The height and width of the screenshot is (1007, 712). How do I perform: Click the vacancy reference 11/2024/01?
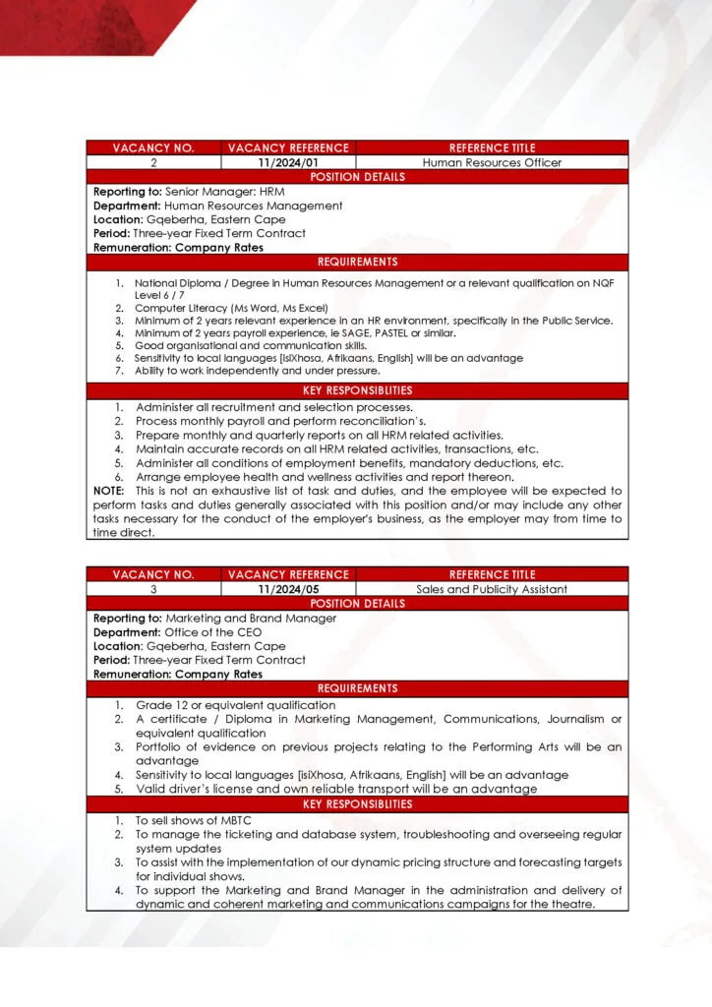pos(288,162)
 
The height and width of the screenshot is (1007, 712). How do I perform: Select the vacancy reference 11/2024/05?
pos(288,589)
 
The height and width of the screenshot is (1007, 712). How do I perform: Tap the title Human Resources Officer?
pos(492,162)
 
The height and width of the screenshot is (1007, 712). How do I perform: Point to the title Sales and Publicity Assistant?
pos(492,589)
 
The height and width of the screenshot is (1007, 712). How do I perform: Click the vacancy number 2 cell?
pos(153,162)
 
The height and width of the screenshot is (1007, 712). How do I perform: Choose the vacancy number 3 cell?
pos(153,589)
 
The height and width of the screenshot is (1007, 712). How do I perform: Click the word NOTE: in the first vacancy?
pos(109,491)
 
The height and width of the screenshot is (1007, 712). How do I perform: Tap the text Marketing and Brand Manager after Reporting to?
pos(251,619)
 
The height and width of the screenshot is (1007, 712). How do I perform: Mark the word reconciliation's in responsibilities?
pos(333,421)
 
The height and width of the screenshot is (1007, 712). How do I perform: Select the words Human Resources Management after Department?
pos(254,206)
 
